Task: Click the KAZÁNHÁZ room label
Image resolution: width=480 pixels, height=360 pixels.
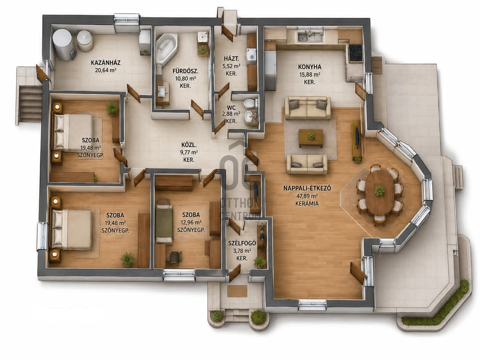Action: click(106, 63)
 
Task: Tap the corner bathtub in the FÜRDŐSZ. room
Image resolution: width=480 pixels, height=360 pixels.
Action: click(166, 48)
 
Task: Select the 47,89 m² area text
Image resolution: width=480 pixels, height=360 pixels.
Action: click(307, 196)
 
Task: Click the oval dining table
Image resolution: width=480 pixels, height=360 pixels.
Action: click(380, 192)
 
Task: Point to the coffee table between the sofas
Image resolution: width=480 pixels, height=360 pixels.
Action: click(311, 138)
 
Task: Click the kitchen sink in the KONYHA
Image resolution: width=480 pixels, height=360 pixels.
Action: click(310, 36)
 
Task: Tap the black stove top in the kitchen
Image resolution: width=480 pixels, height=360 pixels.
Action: click(356, 52)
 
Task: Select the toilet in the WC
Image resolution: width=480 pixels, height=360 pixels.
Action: click(250, 104)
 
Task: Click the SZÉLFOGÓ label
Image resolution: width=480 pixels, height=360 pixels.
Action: click(242, 243)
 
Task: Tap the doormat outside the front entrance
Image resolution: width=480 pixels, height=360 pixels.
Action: click(237, 291)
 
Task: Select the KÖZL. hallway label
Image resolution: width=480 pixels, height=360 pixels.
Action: click(189, 145)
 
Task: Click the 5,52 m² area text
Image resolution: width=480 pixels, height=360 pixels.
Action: click(231, 66)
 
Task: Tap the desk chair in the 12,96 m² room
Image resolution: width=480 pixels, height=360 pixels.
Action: click(176, 258)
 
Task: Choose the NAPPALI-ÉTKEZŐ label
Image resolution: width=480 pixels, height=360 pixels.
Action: click(307, 188)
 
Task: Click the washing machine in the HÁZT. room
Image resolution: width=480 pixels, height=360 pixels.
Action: click(252, 56)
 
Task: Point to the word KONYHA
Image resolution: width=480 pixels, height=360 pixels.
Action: click(310, 67)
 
